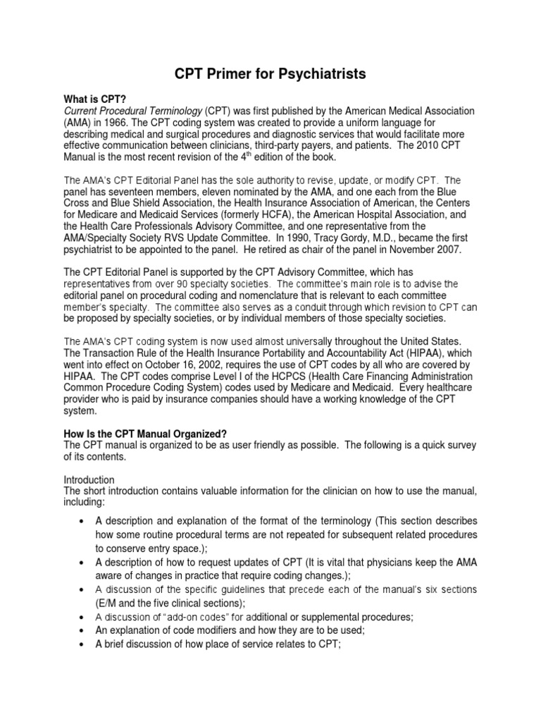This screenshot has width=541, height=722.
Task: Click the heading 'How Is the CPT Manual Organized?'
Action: [x=147, y=433]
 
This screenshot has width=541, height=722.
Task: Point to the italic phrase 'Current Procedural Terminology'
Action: [x=134, y=111]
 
